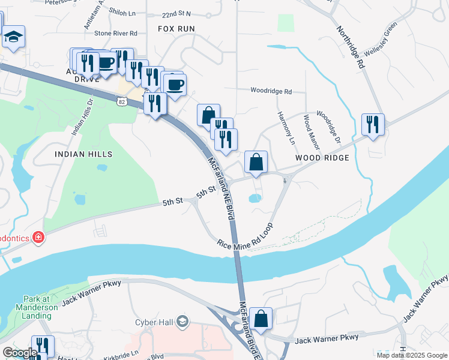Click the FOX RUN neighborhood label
(x=176, y=29)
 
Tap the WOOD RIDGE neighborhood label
(x=322, y=158)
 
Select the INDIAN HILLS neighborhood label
(x=83, y=154)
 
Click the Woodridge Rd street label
(x=271, y=92)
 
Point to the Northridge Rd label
(x=350, y=46)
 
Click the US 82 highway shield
(x=122, y=103)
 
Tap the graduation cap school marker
(x=13, y=38)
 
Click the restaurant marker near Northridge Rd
(x=373, y=125)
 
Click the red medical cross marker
(x=38, y=238)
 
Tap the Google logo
(x=20, y=353)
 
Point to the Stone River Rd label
(x=116, y=34)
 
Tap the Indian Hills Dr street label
(x=83, y=117)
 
